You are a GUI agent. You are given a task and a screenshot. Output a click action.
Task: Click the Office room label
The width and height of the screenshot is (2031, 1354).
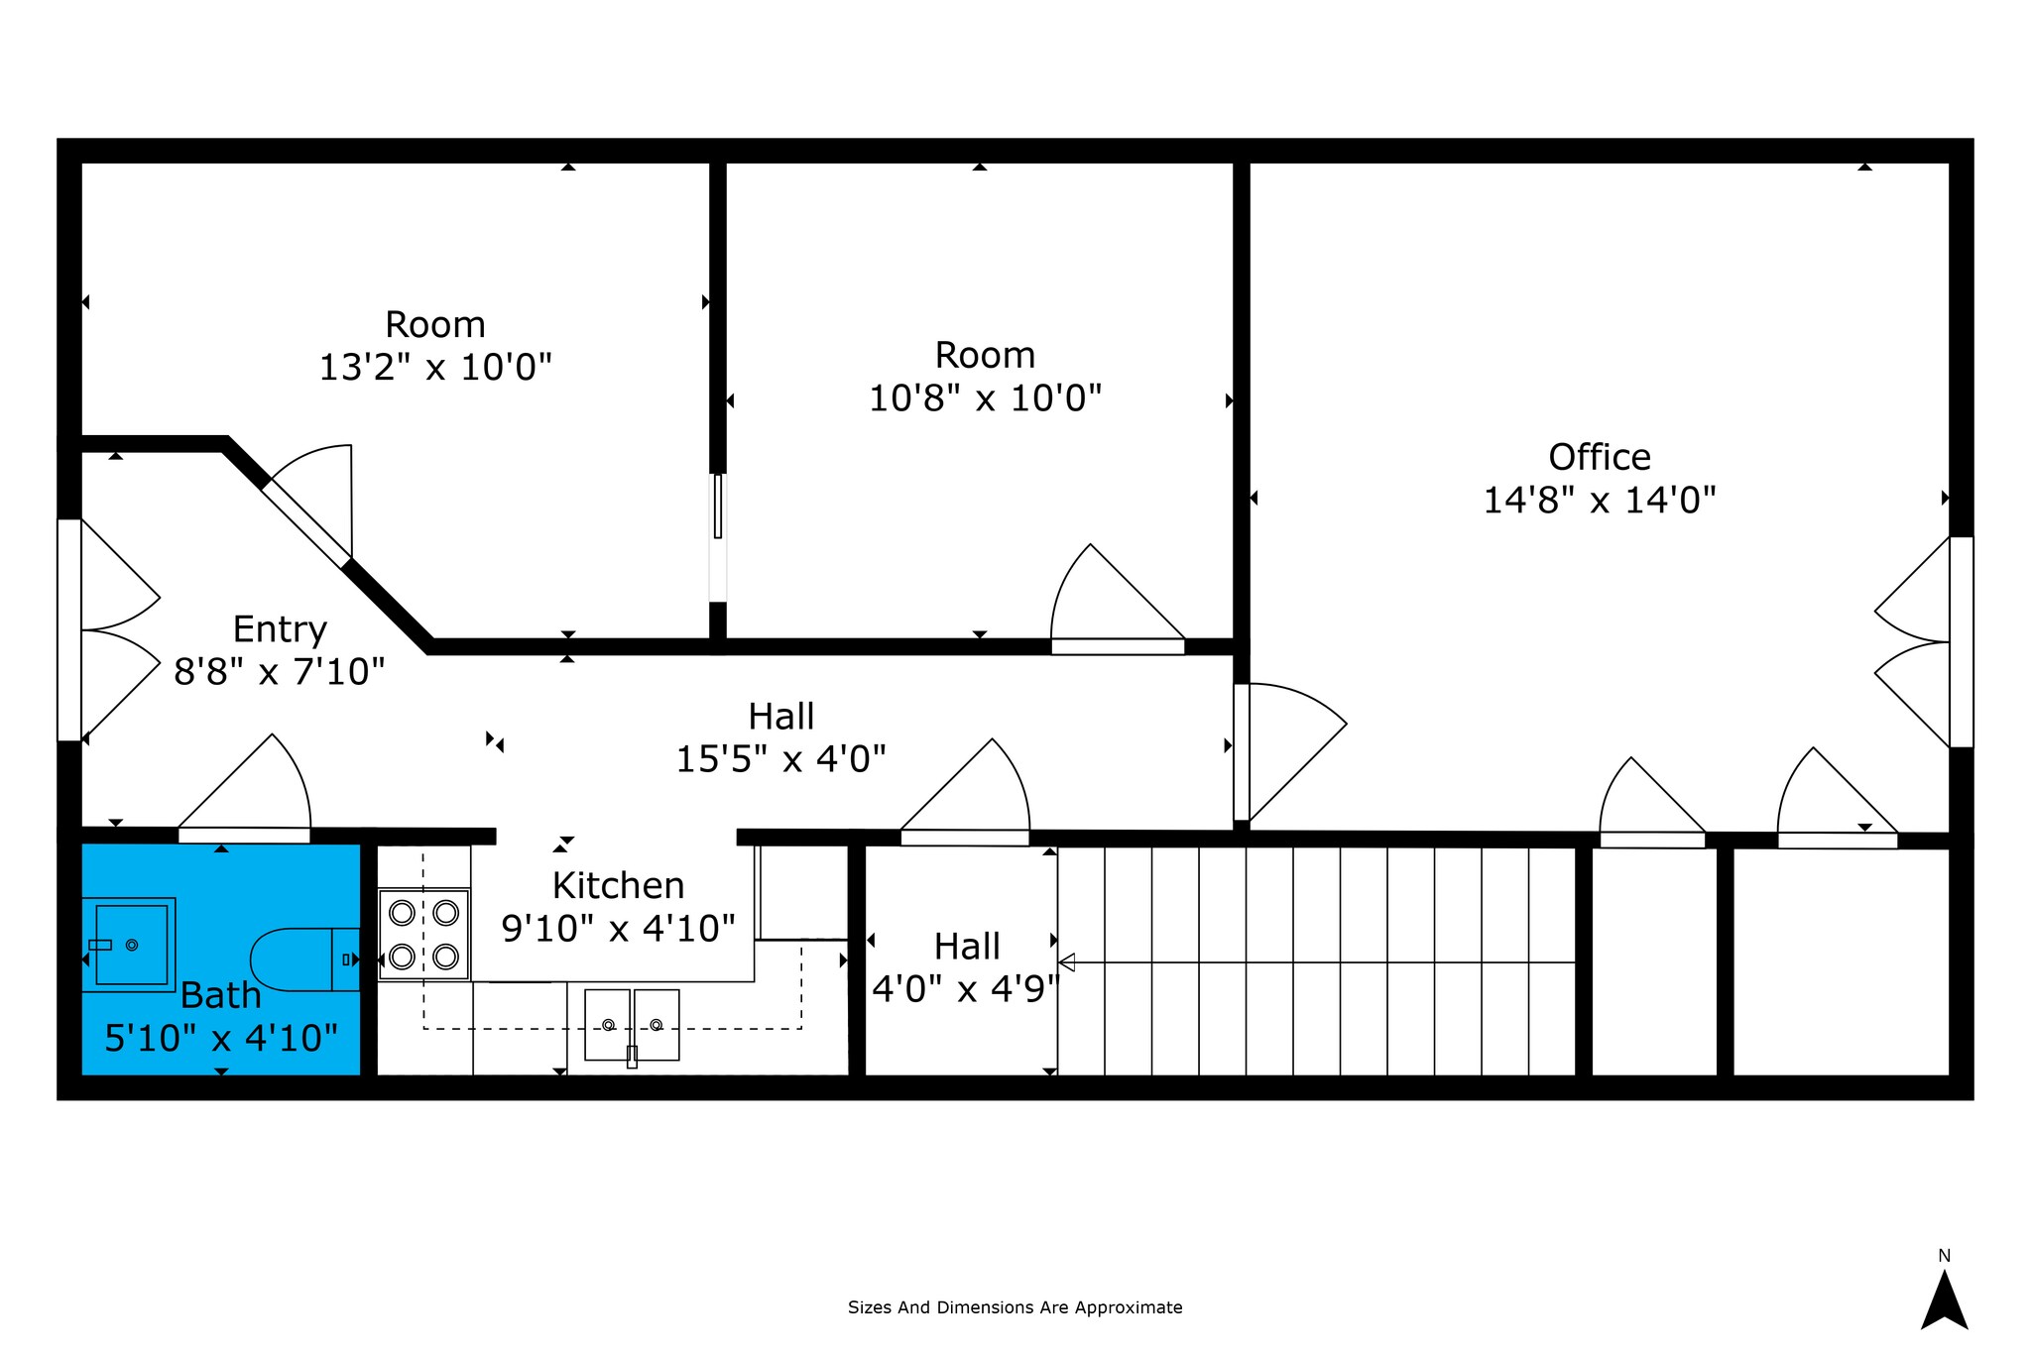pyautogui.click(x=1600, y=457)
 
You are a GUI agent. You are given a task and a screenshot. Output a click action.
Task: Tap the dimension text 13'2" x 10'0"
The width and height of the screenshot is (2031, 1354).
pyautogui.click(x=434, y=368)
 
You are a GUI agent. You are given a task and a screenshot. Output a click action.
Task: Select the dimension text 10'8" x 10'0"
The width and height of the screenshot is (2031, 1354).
pyautogui.click(x=985, y=398)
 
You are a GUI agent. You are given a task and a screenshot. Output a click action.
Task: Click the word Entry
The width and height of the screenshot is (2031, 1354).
pyautogui.click(x=280, y=629)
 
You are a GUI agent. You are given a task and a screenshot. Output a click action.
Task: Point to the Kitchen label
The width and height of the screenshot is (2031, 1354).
pyautogui.click(x=618, y=885)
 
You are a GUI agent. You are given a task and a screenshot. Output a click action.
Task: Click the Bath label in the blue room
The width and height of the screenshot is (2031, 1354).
pyautogui.click(x=220, y=995)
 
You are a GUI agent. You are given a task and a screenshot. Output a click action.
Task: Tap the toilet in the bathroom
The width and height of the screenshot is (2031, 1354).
pyautogui.click(x=304, y=959)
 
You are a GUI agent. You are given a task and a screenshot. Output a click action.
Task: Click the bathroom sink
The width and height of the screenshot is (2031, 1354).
pyautogui.click(x=128, y=945)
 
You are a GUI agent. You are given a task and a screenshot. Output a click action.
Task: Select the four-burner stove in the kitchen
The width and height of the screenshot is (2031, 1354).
pyautogui.click(x=423, y=934)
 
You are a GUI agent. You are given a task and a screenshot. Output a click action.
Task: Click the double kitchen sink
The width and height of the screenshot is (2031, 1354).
pyautogui.click(x=632, y=1025)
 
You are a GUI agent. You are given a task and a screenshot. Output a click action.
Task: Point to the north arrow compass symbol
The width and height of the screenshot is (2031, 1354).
pyautogui.click(x=1944, y=1299)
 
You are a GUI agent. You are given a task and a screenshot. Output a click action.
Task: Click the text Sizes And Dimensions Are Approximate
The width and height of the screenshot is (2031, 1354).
pyautogui.click(x=1015, y=1307)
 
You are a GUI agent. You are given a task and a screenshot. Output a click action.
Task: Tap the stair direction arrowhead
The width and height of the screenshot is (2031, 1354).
pyautogui.click(x=1066, y=961)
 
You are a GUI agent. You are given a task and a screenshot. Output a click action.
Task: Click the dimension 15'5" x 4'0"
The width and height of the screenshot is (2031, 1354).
pyautogui.click(x=780, y=759)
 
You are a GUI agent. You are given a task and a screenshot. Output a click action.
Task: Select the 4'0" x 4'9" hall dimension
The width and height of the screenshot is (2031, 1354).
pyautogui.click(x=966, y=988)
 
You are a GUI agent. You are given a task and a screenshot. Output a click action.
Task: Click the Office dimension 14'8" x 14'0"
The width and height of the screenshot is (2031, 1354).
pyautogui.click(x=1599, y=501)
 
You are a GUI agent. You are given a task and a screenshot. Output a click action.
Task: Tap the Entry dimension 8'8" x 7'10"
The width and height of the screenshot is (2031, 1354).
pyautogui.click(x=279, y=672)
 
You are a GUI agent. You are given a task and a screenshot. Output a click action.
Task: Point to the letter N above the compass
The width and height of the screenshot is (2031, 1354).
pyautogui.click(x=1944, y=1256)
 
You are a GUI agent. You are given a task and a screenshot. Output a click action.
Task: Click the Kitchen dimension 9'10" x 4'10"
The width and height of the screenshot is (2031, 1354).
pyautogui.click(x=618, y=929)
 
